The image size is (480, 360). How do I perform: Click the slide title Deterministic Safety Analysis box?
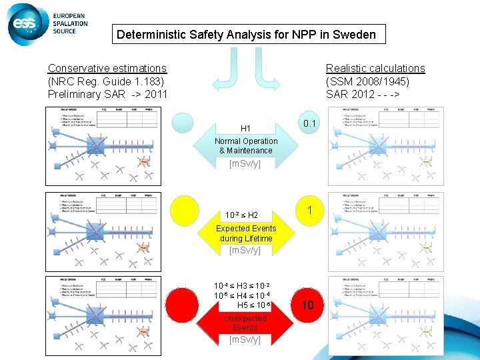click(246, 35)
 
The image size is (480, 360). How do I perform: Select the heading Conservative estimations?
click(107, 68)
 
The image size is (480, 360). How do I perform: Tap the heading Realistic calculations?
click(375, 68)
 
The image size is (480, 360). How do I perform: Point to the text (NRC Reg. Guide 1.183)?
click(106, 81)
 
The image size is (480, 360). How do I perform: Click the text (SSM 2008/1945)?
click(367, 81)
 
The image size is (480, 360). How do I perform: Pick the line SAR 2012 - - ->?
click(363, 94)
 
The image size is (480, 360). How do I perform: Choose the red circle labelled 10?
click(307, 306)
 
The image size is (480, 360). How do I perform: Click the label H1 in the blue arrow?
click(245, 128)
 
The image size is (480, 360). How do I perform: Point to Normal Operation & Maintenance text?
click(246, 146)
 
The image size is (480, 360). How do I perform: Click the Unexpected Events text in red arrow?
click(245, 323)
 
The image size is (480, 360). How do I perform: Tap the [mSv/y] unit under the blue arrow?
click(245, 163)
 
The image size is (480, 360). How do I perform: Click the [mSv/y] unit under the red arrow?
click(245, 339)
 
